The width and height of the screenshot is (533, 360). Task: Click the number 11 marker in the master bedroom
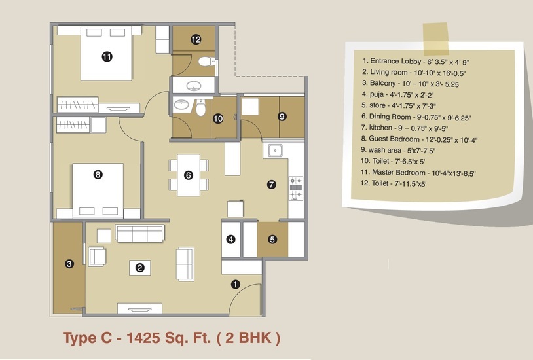pyautogui.click(x=107, y=56)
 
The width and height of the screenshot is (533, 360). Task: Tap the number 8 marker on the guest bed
pyautogui.click(x=98, y=175)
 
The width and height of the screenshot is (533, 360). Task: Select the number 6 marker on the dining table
pyautogui.click(x=189, y=175)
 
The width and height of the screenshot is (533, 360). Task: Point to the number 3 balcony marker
pyautogui.click(x=69, y=264)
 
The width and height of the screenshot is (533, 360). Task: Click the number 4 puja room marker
pyautogui.click(x=230, y=240)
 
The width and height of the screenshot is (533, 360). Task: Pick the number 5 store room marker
pyautogui.click(x=272, y=240)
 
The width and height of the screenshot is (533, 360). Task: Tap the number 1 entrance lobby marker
pyautogui.click(x=236, y=285)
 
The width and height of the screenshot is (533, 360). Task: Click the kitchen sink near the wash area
pyautogui.click(x=274, y=151)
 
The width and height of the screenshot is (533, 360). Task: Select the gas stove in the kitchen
pyautogui.click(x=296, y=189)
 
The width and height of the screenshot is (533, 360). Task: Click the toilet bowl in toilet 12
pyautogui.click(x=206, y=62)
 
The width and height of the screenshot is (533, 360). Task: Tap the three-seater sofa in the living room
pyautogui.click(x=140, y=233)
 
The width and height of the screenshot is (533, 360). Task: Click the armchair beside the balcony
pyautogui.click(x=97, y=257)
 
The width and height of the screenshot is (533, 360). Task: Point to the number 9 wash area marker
pyautogui.click(x=282, y=117)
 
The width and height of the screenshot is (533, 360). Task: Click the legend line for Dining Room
pyautogui.click(x=416, y=117)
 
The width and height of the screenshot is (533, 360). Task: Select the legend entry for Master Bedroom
pyautogui.click(x=418, y=173)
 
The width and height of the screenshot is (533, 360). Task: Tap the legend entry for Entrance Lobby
pyautogui.click(x=416, y=62)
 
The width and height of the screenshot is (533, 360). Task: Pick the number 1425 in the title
pyautogui.click(x=143, y=338)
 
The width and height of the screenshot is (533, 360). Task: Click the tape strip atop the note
pyautogui.click(x=436, y=39)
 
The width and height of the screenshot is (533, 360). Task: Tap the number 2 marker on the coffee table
pyautogui.click(x=139, y=268)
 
